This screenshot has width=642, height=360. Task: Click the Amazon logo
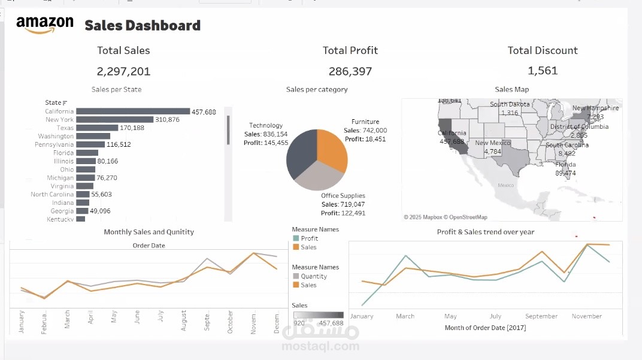[45, 25]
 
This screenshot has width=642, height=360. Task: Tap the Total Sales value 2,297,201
[123, 71]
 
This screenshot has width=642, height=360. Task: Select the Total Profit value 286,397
[350, 71]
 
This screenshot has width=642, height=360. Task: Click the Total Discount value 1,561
[543, 71]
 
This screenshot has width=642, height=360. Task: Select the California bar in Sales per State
[133, 111]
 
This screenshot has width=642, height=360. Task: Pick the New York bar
[115, 120]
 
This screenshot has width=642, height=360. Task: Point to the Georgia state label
[62, 211]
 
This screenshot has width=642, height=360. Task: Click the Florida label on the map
[565, 165]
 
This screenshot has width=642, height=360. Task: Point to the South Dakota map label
[510, 104]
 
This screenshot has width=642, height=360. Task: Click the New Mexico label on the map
[493, 143]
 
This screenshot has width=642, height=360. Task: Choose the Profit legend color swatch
[295, 238]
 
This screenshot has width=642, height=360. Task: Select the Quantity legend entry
[314, 276]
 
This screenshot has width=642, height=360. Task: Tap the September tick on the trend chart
[541, 316]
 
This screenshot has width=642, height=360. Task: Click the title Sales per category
[317, 90]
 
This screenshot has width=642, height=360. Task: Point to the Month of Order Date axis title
[485, 328]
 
